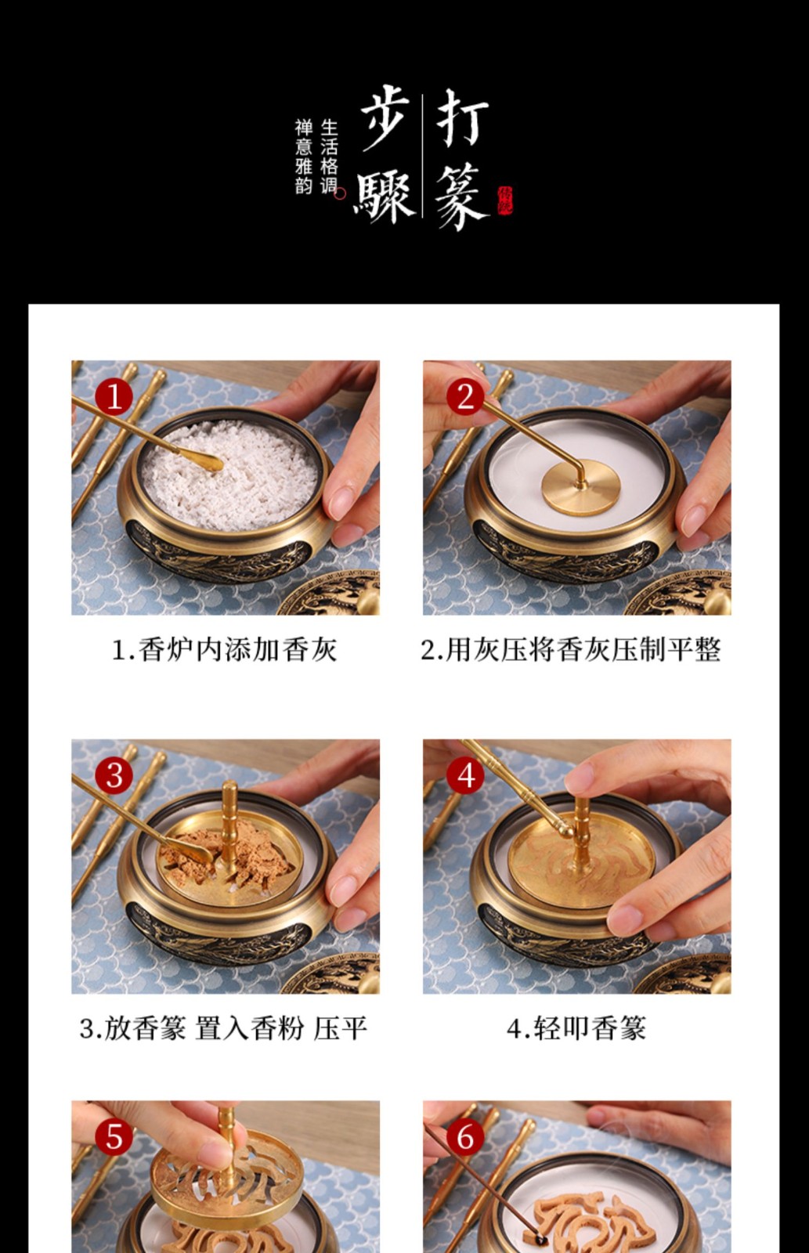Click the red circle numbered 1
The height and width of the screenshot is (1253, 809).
pos(114,396)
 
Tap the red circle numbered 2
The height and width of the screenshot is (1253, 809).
pos(466,396)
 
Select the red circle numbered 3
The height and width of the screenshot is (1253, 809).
pos(114,775)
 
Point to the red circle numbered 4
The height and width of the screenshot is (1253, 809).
pos(466,775)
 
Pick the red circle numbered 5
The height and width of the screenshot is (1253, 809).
pos(114,1137)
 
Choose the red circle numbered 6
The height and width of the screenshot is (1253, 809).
pos(466,1137)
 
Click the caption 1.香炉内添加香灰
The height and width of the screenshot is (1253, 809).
pos(225,649)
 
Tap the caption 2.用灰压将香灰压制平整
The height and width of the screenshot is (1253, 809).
pos(570,649)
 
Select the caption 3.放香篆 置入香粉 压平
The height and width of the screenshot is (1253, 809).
pos(224,1028)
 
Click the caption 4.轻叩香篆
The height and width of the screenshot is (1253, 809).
pos(576,1028)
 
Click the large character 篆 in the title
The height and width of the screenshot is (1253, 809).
pos(461,197)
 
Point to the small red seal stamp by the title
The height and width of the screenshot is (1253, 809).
pos(504,200)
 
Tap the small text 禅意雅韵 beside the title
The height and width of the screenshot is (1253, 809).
pos(304,157)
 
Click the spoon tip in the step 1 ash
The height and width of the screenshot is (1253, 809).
pos(209,464)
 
